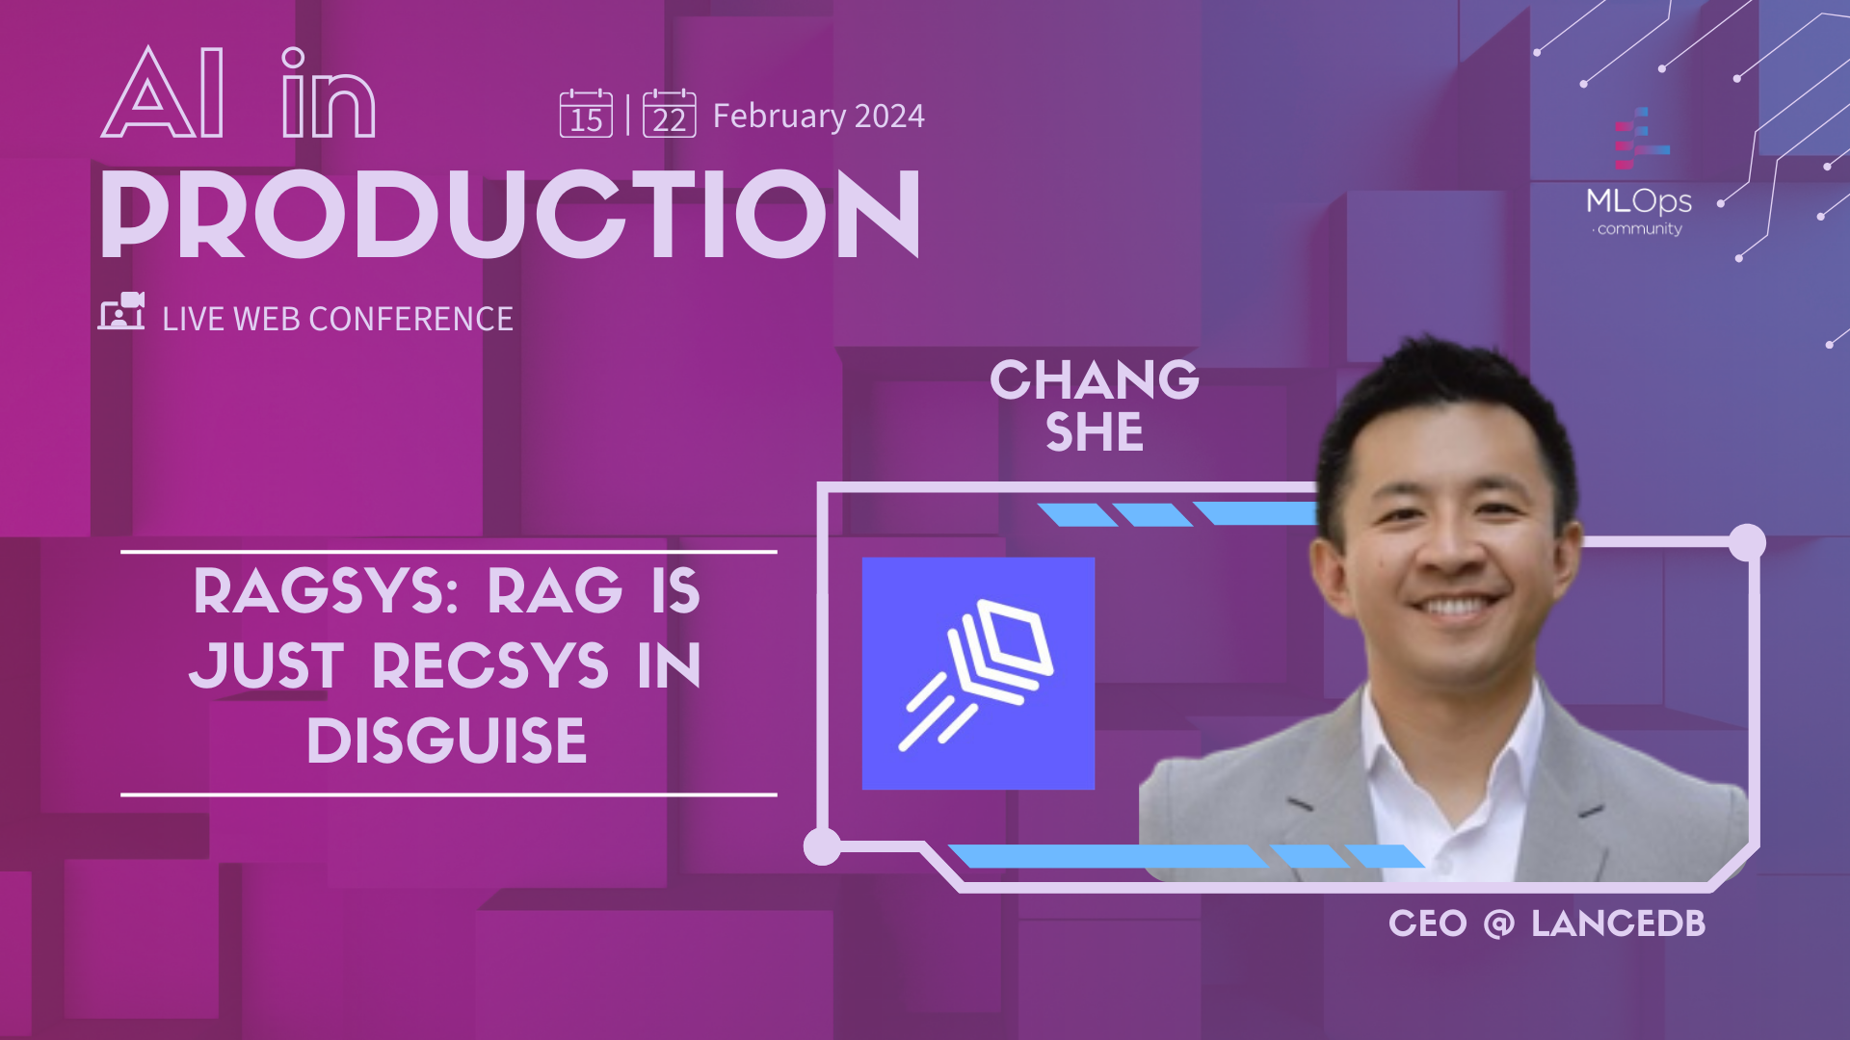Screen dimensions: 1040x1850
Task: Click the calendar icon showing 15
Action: click(x=586, y=114)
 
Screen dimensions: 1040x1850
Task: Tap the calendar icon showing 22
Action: click(x=669, y=114)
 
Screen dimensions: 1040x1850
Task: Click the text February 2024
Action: click(x=818, y=116)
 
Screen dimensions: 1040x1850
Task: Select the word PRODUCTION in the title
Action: click(x=511, y=214)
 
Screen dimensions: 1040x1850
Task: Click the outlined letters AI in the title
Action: click(x=164, y=94)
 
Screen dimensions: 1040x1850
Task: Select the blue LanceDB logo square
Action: click(x=978, y=673)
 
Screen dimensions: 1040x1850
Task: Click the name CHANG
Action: click(x=1095, y=379)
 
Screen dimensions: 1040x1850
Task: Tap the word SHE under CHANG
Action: click(x=1095, y=431)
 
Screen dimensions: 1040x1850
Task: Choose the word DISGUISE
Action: click(x=446, y=741)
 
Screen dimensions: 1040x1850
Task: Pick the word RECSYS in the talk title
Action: click(x=490, y=665)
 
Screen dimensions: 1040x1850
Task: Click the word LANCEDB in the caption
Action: click(x=1618, y=923)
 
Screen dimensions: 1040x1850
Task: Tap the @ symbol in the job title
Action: click(x=1498, y=923)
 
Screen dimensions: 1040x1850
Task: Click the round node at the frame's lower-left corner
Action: click(x=822, y=846)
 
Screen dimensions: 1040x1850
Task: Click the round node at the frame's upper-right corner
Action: click(x=1746, y=543)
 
